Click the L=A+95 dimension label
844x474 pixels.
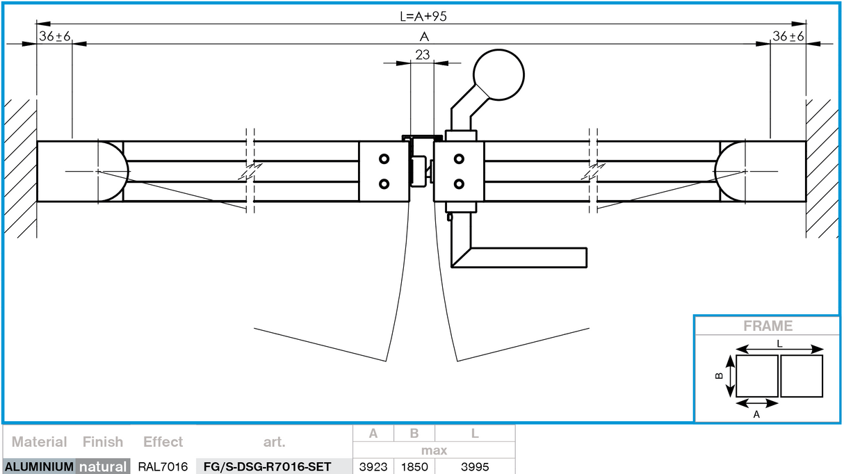pyautogui.click(x=423, y=17)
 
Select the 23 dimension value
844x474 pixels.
pyautogui.click(x=422, y=54)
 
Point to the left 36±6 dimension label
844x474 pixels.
pyautogui.click(x=55, y=37)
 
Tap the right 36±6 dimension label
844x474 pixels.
pyautogui.click(x=788, y=37)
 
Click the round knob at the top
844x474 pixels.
pyautogui.click(x=498, y=74)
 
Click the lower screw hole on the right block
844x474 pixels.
pyautogui.click(x=459, y=184)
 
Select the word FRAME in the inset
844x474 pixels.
pyautogui.click(x=768, y=326)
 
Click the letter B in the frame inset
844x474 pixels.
pyautogui.click(x=720, y=376)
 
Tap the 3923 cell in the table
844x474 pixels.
pyautogui.click(x=373, y=466)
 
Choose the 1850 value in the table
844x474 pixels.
pyautogui.click(x=414, y=466)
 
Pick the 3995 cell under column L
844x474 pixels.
pyautogui.click(x=475, y=466)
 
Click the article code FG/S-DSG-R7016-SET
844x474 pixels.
pyautogui.click(x=267, y=466)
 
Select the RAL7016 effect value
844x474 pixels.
pyautogui.click(x=163, y=466)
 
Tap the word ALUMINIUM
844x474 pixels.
pyautogui.click(x=38, y=466)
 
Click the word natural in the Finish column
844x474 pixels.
pyautogui.click(x=103, y=466)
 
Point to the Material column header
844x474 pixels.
pyautogui.click(x=40, y=442)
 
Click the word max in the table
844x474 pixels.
pyautogui.click(x=434, y=450)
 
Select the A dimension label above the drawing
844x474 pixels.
pyautogui.click(x=424, y=37)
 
